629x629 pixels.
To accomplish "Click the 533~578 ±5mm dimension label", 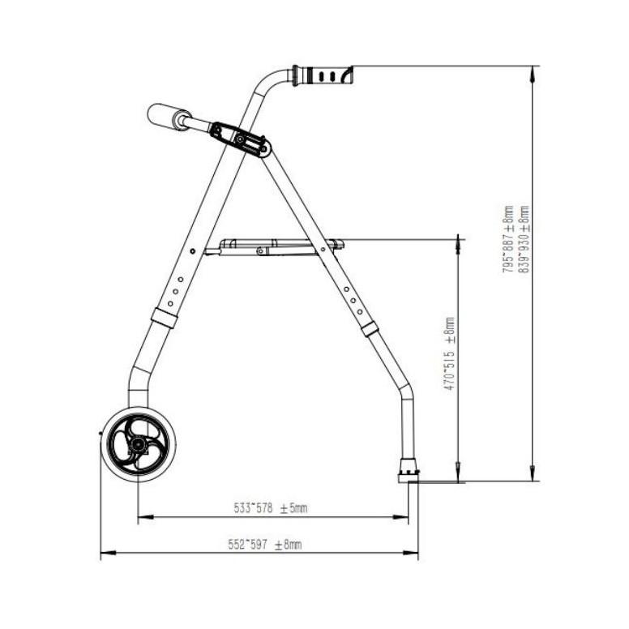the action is click(271, 508).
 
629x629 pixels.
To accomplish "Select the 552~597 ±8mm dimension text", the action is click(265, 545).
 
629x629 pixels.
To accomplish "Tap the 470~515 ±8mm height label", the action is click(449, 353).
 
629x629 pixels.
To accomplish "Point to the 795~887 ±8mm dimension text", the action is click(508, 239).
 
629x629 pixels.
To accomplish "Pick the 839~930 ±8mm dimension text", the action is click(524, 239).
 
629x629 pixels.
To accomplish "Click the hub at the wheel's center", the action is click(138, 444).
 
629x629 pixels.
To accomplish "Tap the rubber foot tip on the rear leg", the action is click(408, 471).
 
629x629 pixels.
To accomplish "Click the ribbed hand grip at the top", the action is click(323, 75).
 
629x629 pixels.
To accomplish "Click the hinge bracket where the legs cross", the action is click(241, 139).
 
